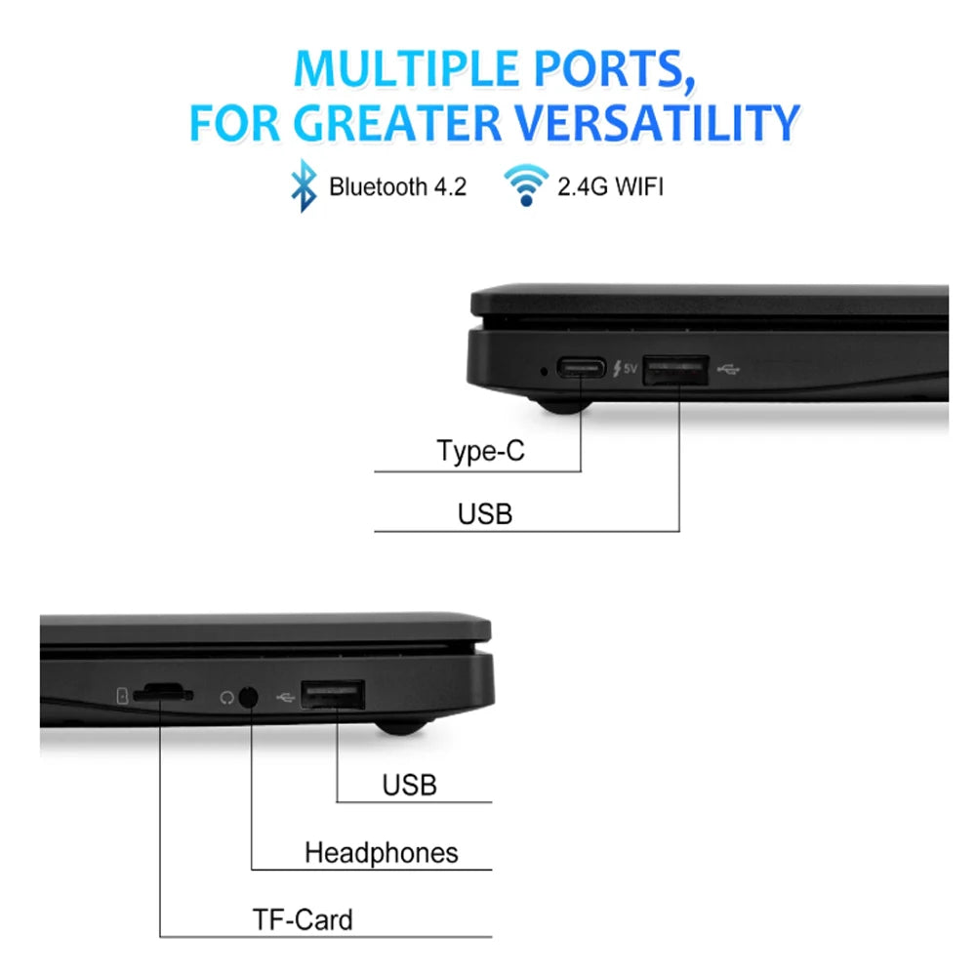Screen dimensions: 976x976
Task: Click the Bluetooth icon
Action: [x=304, y=185]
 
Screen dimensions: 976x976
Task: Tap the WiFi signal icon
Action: [x=526, y=184]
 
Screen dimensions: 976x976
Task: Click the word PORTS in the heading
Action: [x=614, y=68]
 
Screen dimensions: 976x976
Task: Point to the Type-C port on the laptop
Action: [x=581, y=368]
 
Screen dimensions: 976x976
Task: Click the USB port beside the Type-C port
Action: [x=675, y=370]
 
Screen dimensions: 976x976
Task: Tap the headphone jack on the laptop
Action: [x=248, y=697]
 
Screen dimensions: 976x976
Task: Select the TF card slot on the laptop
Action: [x=163, y=693]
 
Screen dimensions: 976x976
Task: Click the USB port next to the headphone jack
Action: [x=333, y=695]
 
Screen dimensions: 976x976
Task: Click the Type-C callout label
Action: [x=480, y=451]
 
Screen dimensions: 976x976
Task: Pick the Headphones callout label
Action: [x=381, y=853]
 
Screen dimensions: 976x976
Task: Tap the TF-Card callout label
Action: [x=303, y=919]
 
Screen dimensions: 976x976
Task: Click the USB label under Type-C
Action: [x=485, y=514]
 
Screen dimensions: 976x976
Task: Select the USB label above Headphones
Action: [x=410, y=785]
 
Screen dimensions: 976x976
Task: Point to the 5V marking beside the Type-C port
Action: [x=630, y=369]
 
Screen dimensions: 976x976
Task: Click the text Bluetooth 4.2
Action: [x=398, y=186]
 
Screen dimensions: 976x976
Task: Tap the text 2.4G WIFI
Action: [x=611, y=186]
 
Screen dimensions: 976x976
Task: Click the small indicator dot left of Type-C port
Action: [x=544, y=371]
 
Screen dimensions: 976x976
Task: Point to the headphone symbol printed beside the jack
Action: [x=227, y=698]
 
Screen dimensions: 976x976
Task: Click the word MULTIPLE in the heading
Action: [x=406, y=68]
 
